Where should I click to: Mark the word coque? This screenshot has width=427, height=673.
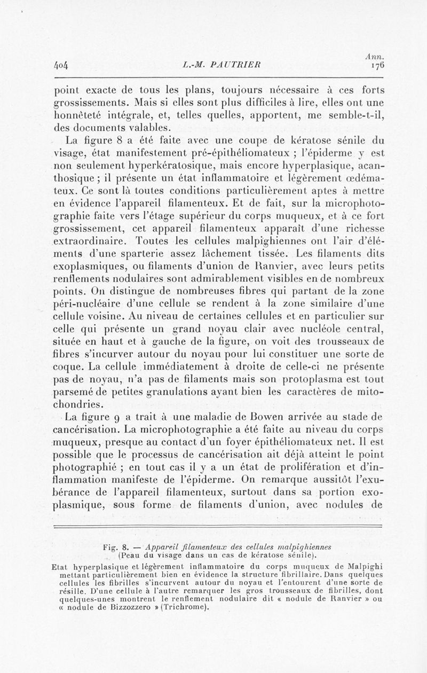pyautogui.click(x=69, y=369)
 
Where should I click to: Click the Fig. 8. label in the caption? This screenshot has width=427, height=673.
pyautogui.click(x=118, y=546)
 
